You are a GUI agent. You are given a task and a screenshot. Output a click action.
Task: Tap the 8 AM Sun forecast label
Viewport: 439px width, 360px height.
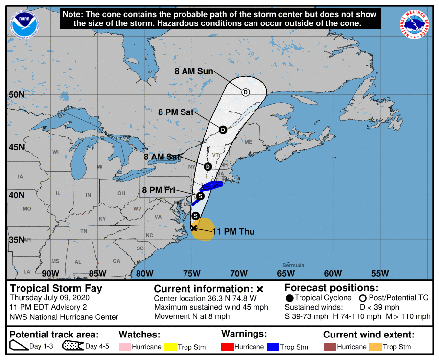(x=194, y=71)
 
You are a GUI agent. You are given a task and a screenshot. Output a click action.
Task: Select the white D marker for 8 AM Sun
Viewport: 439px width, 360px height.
(x=246, y=92)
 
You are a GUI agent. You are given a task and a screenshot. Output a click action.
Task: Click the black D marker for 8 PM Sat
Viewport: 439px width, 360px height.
(x=223, y=130)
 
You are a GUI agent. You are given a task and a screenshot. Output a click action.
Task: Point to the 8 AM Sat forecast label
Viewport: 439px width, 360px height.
(x=162, y=157)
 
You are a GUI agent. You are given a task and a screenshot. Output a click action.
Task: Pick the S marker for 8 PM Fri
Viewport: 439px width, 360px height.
(x=200, y=196)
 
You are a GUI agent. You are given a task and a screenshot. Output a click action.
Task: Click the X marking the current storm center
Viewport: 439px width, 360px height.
(x=194, y=228)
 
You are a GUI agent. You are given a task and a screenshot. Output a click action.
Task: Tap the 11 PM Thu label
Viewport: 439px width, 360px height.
(x=234, y=232)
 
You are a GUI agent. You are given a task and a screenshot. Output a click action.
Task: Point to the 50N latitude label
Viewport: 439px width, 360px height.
(x=18, y=94)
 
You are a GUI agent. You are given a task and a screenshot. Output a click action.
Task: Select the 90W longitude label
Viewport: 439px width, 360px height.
(x=50, y=273)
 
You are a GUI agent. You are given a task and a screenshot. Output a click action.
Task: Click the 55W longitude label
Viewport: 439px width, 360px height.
(x=380, y=273)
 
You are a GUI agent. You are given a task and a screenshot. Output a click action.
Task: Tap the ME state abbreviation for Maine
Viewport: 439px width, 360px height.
(x=248, y=142)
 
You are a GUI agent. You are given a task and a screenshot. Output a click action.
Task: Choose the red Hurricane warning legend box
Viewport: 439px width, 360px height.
(x=228, y=347)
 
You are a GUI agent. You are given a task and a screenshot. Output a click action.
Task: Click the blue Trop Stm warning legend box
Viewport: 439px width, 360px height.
(x=273, y=347)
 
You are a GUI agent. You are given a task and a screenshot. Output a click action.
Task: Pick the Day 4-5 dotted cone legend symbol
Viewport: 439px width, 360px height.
(x=73, y=347)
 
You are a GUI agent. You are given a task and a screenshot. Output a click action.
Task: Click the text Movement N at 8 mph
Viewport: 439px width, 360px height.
(x=192, y=316)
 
